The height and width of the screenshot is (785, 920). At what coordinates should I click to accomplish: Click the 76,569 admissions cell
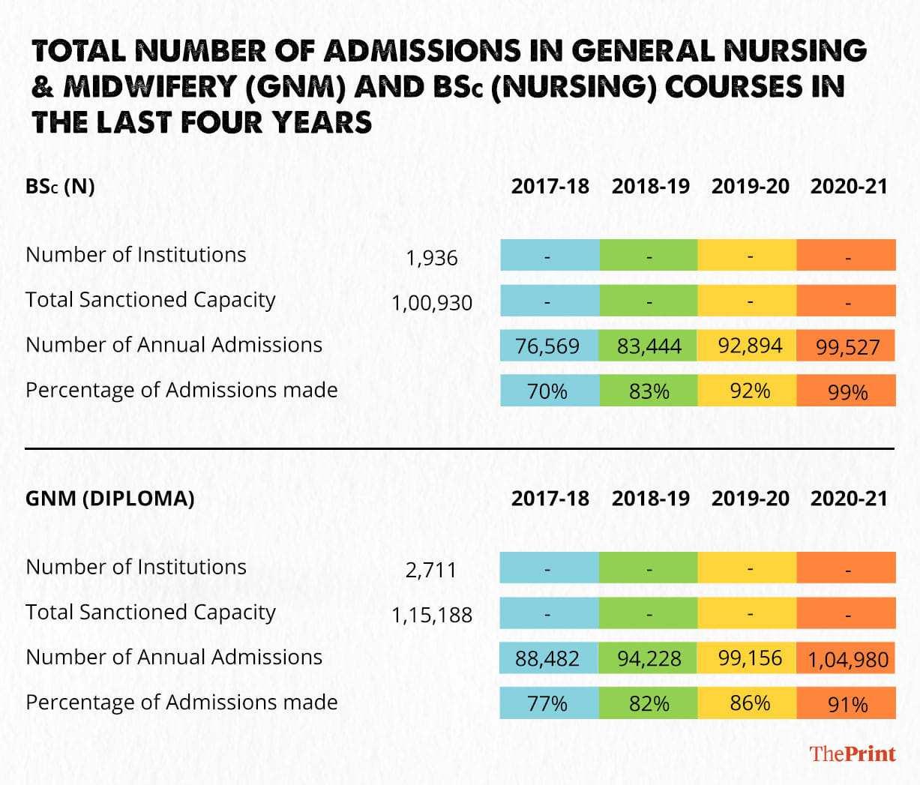coord(548,346)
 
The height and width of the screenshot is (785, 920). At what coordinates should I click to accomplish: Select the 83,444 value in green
coord(649,346)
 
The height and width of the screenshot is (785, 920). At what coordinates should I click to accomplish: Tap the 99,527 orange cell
coord(847,347)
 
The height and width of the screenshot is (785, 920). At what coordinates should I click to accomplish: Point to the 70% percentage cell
coord(548,391)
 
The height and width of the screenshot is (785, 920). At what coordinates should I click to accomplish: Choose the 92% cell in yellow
coord(750,391)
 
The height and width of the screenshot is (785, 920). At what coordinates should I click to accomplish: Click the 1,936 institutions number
coord(432,258)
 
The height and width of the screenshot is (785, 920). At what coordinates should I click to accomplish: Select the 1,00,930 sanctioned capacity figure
coord(432,303)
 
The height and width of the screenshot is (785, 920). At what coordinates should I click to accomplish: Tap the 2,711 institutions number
coord(432,570)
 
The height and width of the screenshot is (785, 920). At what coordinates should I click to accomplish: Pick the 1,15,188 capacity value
coord(432,615)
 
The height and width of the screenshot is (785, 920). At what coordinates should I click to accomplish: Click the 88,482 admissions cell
coord(548,658)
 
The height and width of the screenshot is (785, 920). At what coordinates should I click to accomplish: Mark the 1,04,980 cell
coord(847,660)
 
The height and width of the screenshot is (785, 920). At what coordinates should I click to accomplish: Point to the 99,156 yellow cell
coord(750,658)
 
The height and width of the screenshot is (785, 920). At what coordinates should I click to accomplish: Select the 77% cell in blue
coord(548,703)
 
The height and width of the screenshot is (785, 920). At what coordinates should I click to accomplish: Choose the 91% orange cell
coord(847,705)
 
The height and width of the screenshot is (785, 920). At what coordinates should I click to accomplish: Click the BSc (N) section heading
coord(60,186)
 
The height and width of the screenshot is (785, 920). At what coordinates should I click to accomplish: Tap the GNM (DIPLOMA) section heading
coord(109,499)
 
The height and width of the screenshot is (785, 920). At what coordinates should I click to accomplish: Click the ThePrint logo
coord(853,754)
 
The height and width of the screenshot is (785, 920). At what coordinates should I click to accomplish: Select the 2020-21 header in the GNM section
coord(849,499)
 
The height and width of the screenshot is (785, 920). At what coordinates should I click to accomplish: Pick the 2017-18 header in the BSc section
coord(550,186)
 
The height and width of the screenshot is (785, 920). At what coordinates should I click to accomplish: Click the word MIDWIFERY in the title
coord(150,87)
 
